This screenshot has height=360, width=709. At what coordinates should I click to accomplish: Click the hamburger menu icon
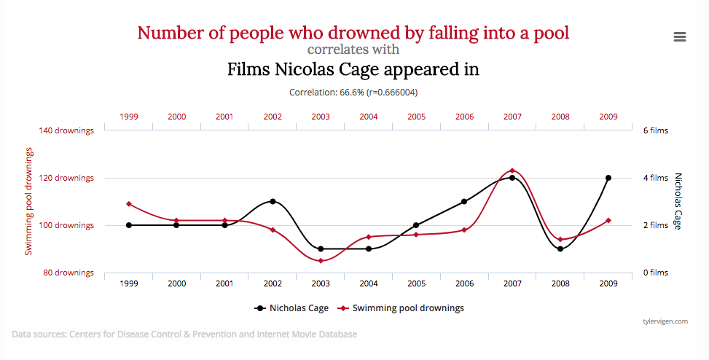pyautogui.click(x=679, y=36)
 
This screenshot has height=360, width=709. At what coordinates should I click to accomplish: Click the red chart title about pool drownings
pyautogui.click(x=353, y=33)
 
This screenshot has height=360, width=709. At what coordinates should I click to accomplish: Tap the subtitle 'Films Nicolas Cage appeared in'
pyautogui.click(x=353, y=70)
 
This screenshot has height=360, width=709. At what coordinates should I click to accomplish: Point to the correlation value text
pyautogui.click(x=353, y=93)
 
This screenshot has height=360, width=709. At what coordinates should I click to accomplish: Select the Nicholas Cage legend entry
pyautogui.click(x=291, y=308)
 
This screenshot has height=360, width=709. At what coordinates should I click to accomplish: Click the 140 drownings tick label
pyautogui.click(x=66, y=131)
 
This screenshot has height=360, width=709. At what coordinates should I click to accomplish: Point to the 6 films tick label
pyautogui.click(x=654, y=131)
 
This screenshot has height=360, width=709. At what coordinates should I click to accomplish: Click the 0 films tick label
pyautogui.click(x=654, y=273)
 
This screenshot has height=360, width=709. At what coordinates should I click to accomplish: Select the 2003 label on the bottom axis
pyautogui.click(x=321, y=283)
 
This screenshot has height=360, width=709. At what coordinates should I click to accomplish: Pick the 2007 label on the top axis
pyautogui.click(x=512, y=117)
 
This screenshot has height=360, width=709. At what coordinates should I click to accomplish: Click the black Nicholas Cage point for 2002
pyautogui.click(x=273, y=201)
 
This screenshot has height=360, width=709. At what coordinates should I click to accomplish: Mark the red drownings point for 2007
pyautogui.click(x=512, y=171)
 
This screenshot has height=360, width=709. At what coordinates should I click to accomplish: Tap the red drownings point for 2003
pyautogui.click(x=321, y=260)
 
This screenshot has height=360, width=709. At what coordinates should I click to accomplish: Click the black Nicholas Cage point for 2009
pyautogui.click(x=608, y=178)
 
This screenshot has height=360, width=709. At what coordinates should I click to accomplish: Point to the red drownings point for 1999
pyautogui.click(x=129, y=204)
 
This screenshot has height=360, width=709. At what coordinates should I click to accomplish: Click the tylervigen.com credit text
pyautogui.click(x=665, y=321)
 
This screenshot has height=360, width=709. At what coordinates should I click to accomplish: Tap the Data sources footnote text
pyautogui.click(x=184, y=334)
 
